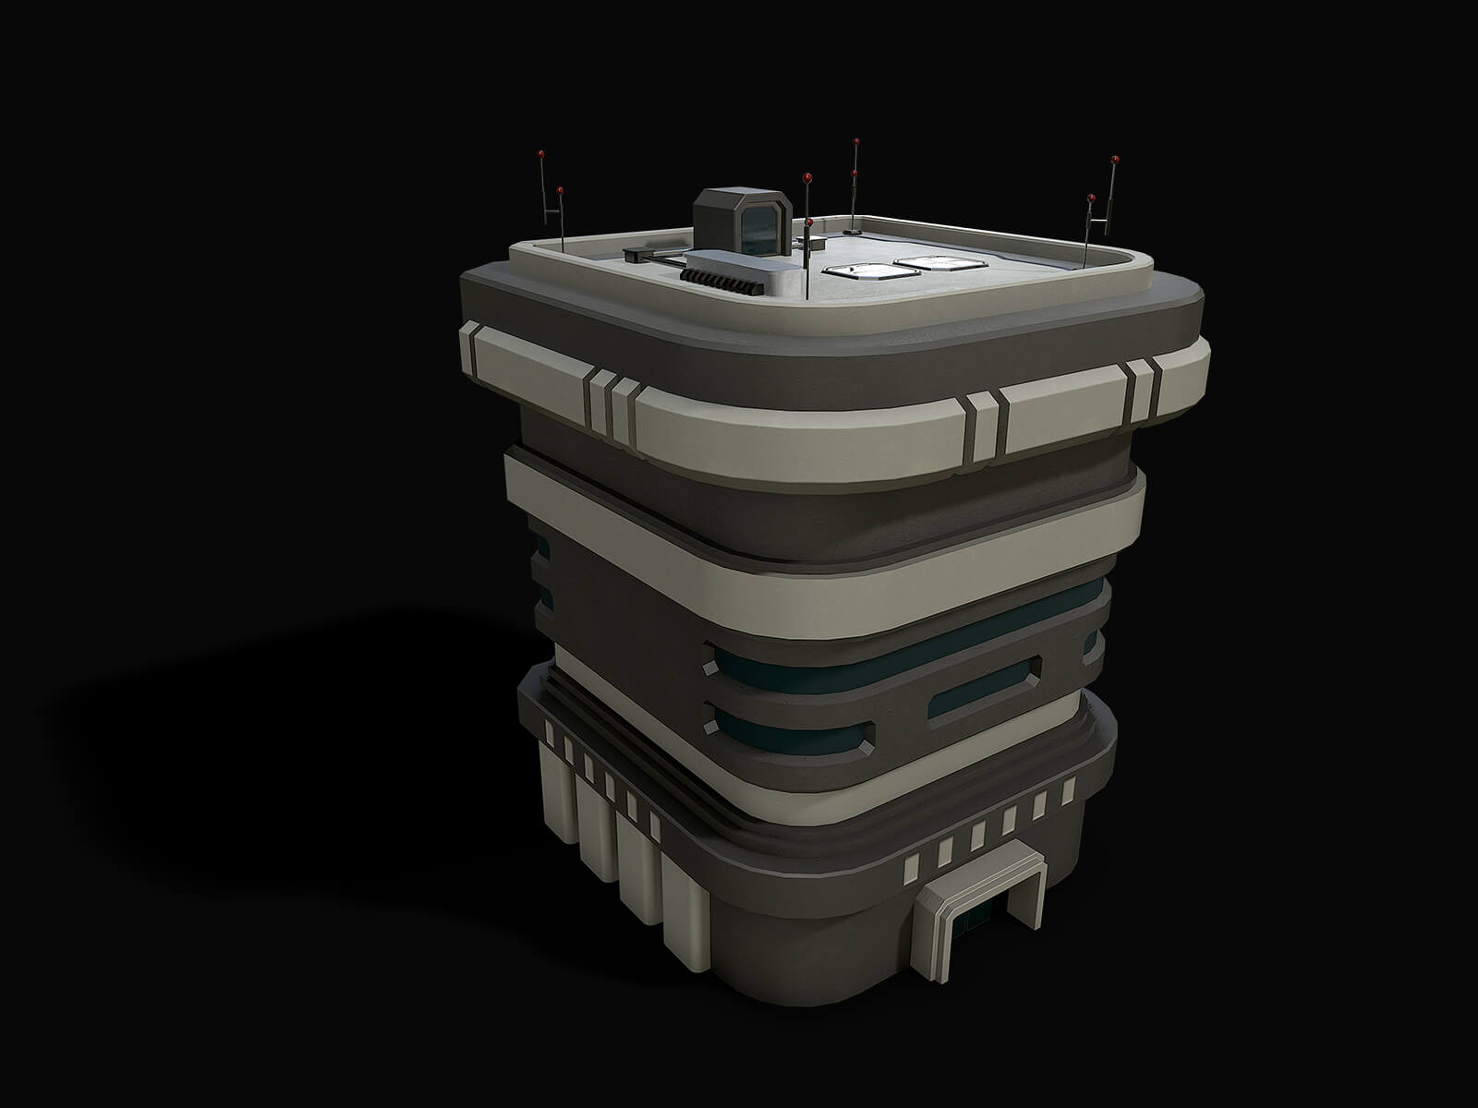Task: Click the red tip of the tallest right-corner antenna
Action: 1115,159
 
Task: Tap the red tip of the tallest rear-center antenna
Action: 856,141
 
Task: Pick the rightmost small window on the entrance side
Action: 1069,791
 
